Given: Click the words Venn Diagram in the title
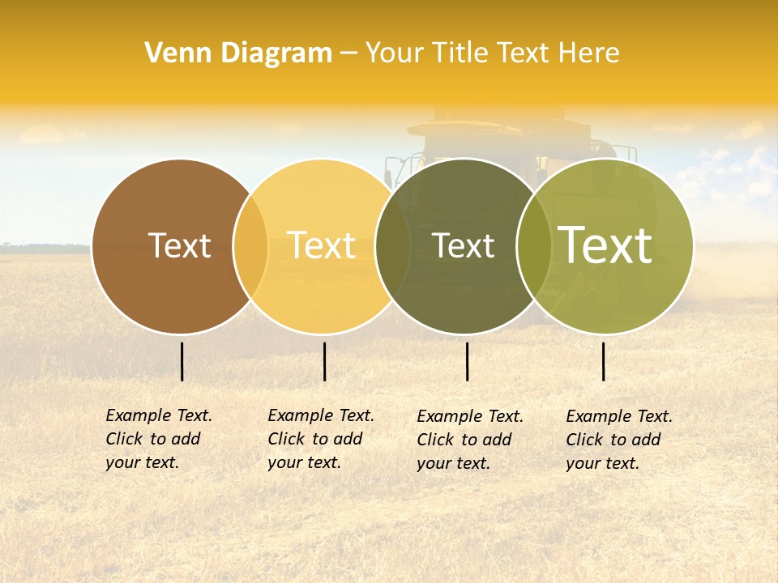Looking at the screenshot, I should (x=238, y=53).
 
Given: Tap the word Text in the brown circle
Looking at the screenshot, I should (x=179, y=245).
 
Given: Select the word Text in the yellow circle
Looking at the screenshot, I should (x=321, y=245).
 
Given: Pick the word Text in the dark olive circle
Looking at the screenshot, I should (x=463, y=245).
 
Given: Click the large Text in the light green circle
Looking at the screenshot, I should (x=605, y=245).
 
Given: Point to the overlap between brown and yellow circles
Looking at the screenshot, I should (x=250, y=246).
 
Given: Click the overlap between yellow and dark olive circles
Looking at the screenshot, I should (x=392, y=246).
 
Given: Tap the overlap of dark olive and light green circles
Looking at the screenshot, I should (x=534, y=246).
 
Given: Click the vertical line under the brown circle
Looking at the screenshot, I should (x=182, y=361).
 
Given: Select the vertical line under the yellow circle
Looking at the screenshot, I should (x=324, y=361).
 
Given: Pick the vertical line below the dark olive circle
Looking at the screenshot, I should (x=467, y=361).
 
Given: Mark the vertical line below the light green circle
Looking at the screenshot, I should (x=604, y=361).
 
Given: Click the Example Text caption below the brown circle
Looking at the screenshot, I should (x=159, y=439).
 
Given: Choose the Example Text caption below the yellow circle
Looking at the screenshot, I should (x=321, y=439).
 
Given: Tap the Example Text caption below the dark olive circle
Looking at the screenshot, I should (x=470, y=440).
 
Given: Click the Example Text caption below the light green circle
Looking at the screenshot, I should (x=619, y=440).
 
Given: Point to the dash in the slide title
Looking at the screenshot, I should (x=348, y=53).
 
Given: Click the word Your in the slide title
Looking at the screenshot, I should (x=393, y=53).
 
